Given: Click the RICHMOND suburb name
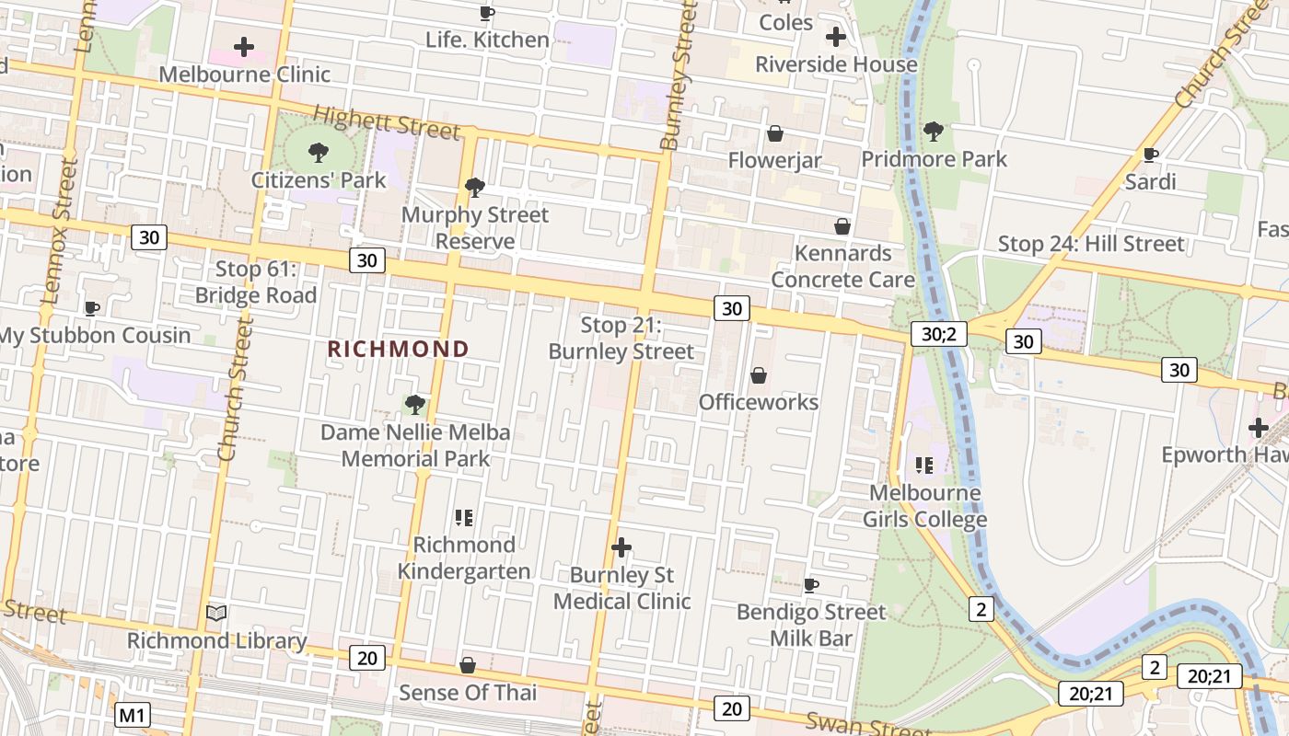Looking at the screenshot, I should click(398, 350).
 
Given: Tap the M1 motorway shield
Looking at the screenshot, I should click(134, 715).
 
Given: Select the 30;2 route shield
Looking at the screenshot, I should click(939, 334).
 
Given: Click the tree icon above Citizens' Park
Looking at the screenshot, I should click(319, 152).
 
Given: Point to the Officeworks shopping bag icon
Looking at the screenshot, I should click(759, 375).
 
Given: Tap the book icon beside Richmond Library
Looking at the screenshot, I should click(216, 613).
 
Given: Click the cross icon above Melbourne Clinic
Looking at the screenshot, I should click(244, 46).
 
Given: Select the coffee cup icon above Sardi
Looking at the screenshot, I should click(1150, 155).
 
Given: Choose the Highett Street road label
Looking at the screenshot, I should click(387, 122).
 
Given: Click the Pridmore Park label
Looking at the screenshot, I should click(934, 159).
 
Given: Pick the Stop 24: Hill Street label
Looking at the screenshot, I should click(1091, 244).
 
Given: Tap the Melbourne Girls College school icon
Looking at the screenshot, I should click(925, 466).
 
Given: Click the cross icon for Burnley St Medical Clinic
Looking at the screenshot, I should click(621, 548).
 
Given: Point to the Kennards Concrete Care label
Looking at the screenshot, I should click(842, 266).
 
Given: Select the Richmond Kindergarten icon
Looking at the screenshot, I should click(464, 518).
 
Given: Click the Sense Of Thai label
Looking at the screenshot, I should click(467, 692).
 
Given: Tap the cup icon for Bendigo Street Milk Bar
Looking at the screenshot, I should click(811, 585).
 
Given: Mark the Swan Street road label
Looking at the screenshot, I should click(856, 724).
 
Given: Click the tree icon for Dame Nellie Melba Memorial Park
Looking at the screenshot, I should click(415, 405).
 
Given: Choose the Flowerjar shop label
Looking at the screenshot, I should click(774, 160).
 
